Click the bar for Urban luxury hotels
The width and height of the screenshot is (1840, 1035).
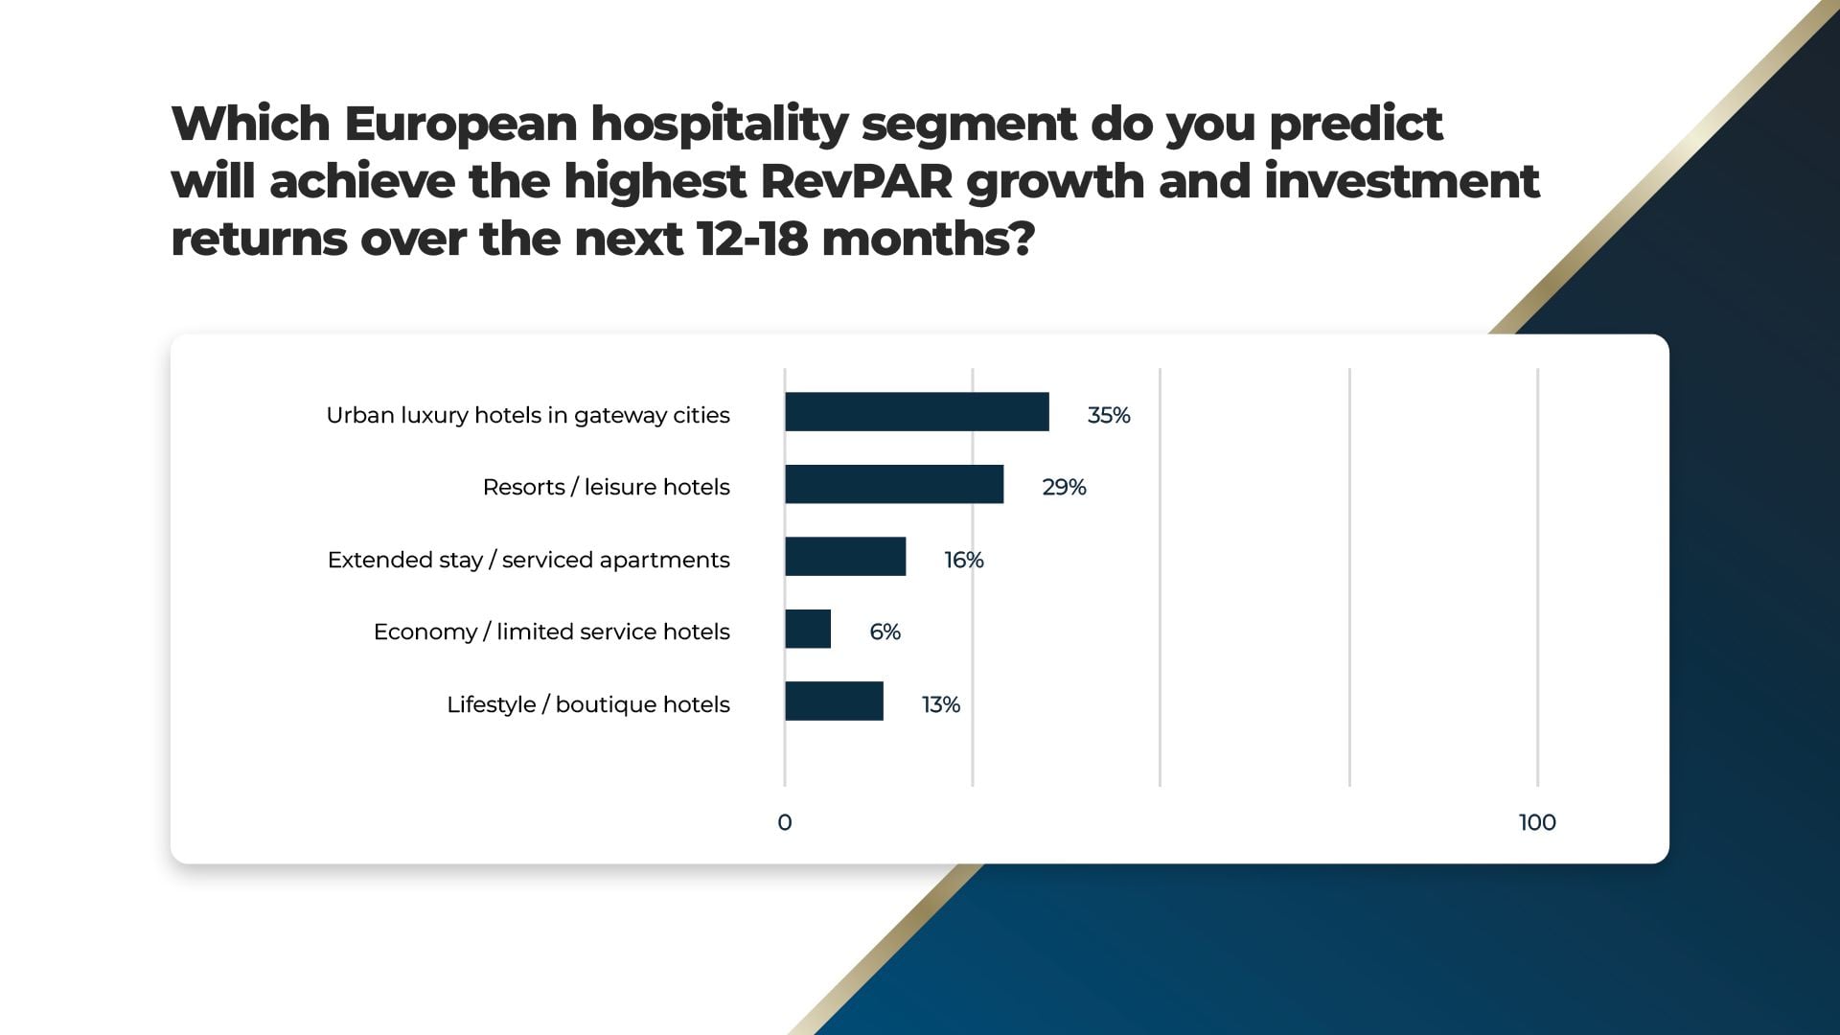tap(916, 412)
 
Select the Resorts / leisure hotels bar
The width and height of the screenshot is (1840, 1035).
tap(894, 484)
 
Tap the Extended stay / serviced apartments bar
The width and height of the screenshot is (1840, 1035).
tap(845, 557)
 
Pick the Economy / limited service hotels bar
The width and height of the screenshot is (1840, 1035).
tap(808, 629)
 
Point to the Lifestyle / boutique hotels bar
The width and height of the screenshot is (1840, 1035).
tap(834, 701)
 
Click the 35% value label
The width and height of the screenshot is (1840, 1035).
tap(1108, 415)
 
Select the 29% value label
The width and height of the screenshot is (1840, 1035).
tap(1064, 487)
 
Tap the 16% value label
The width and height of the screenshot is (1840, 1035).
tap(963, 560)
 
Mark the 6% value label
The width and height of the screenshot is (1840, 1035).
tap(885, 632)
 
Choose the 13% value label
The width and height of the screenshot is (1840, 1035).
tap(940, 704)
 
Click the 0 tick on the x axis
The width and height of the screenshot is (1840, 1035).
tap(785, 822)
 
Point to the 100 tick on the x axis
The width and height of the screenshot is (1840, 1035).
tap(1537, 822)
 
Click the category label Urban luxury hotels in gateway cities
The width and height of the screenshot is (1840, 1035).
tap(528, 415)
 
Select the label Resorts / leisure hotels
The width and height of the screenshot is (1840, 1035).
tap(606, 487)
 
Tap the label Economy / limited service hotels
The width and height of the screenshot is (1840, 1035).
tap(551, 632)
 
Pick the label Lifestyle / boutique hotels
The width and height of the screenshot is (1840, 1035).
tap(587, 704)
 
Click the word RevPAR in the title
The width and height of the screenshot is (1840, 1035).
tap(857, 181)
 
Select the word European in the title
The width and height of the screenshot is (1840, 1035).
tap(460, 124)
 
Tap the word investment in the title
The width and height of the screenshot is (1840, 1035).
tap(1401, 181)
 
